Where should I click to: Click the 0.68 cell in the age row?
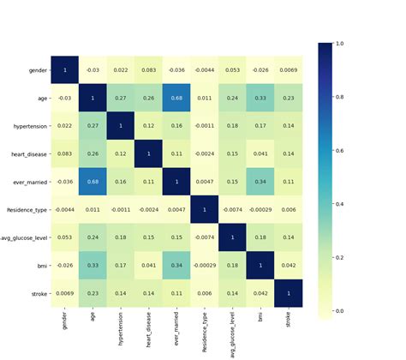point(176,99)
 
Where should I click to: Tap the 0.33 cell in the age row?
point(261,99)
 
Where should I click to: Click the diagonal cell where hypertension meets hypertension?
point(120,127)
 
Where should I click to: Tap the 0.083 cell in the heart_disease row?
point(63,155)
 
